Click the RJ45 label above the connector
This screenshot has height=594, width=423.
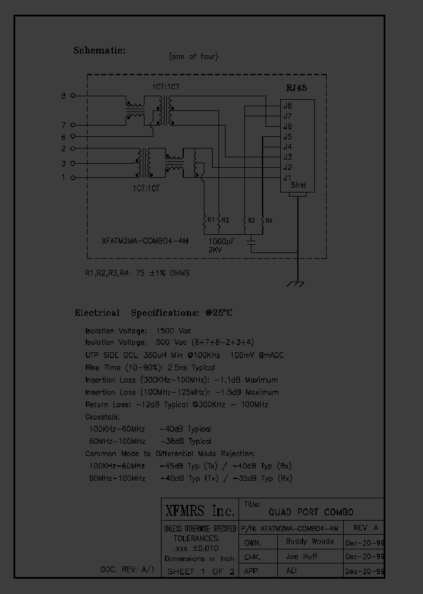pos(296,88)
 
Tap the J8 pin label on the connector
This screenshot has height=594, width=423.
pos(287,106)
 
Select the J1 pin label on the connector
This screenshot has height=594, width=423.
pos(287,177)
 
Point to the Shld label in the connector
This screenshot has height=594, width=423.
pos(298,185)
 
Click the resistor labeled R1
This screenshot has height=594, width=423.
pos(204,221)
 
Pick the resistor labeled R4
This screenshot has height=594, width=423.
pos(262,221)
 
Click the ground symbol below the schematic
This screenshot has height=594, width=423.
pos(294,285)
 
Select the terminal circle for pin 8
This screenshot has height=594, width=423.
pos(72,95)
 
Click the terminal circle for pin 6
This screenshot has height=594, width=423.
pos(72,137)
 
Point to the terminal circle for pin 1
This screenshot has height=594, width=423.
pos(72,177)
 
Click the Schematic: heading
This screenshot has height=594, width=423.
pos(99,50)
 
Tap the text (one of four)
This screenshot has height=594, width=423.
pos(193,57)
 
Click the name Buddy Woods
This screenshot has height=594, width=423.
pos(310,541)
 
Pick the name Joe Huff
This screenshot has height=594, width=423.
pos(302,556)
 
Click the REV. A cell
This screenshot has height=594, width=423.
pos(364,526)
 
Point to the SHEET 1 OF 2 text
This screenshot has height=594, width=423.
pos(200,571)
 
